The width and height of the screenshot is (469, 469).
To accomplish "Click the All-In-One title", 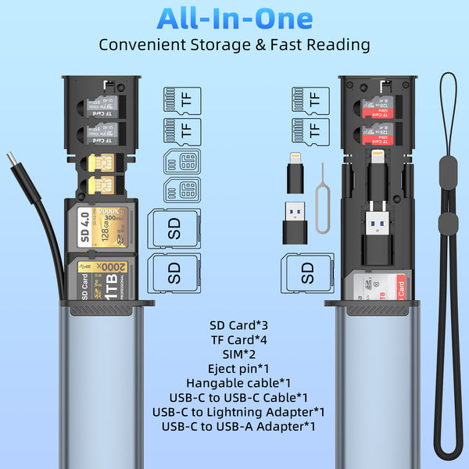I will point(234,18).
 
